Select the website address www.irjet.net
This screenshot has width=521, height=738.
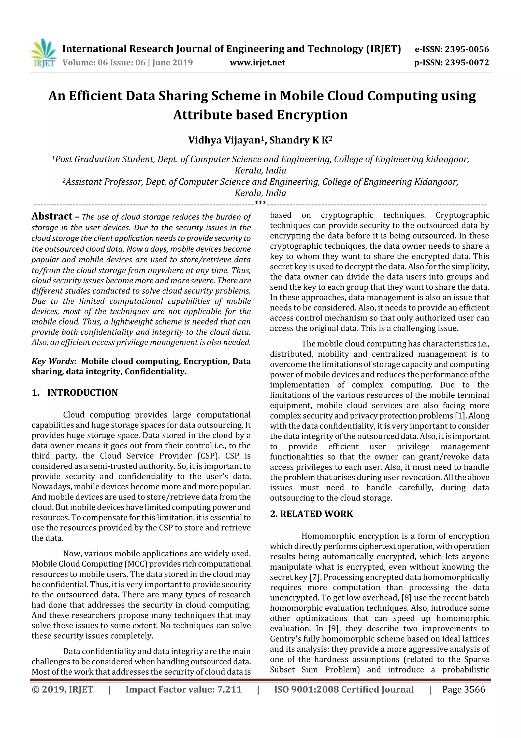pos(257,63)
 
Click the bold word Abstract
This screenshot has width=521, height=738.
pos(52,216)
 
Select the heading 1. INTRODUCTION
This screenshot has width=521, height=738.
pos(75,393)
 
